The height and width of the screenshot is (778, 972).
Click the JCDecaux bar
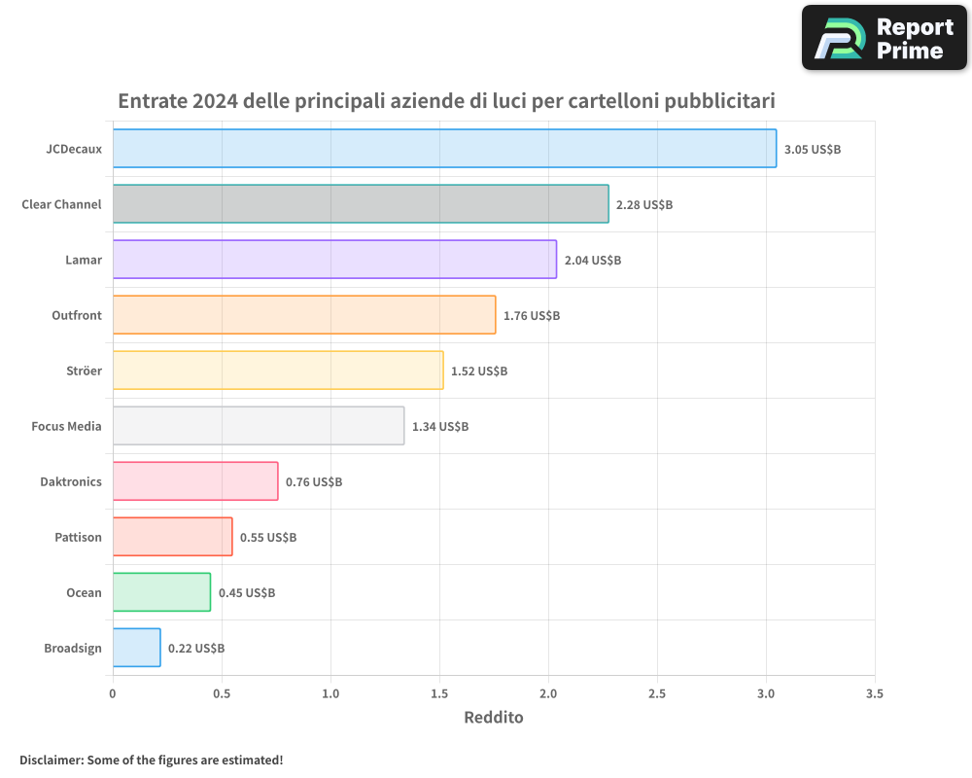[444, 149]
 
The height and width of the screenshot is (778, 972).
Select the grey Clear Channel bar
[361, 204]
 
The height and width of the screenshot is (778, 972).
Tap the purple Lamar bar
[334, 260]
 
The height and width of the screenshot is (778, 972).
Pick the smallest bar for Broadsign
[136, 648]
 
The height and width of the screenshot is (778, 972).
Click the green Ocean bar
[161, 592]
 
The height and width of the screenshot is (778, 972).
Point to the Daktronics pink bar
[195, 481]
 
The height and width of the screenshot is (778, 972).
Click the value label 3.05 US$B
[813, 150]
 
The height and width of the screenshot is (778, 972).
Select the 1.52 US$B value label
[479, 371]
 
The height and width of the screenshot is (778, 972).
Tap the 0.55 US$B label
[268, 538]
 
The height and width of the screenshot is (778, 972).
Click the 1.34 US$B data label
[440, 427]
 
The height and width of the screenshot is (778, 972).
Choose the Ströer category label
[83, 371]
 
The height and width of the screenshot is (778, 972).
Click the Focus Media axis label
[66, 426]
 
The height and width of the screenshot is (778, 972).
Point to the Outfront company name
[77, 315]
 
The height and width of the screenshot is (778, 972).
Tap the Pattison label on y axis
[78, 537]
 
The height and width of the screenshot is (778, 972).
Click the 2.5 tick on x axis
[657, 694]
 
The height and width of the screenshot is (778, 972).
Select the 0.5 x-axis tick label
[222, 694]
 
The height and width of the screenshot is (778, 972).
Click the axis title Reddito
[494, 718]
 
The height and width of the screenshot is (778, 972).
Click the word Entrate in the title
[152, 101]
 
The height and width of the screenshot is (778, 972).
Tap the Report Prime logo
[885, 38]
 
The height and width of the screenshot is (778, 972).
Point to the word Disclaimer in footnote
[51, 760]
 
